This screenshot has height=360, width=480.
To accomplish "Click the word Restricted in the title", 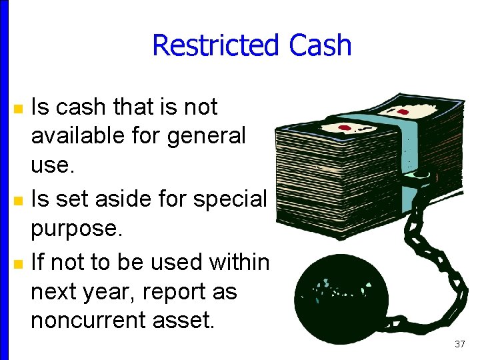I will point(215,45).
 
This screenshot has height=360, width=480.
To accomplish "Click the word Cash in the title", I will point(320,45).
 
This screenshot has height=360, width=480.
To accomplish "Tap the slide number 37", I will point(459,344).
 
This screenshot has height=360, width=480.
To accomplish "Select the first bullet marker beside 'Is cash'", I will point(19,108).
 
